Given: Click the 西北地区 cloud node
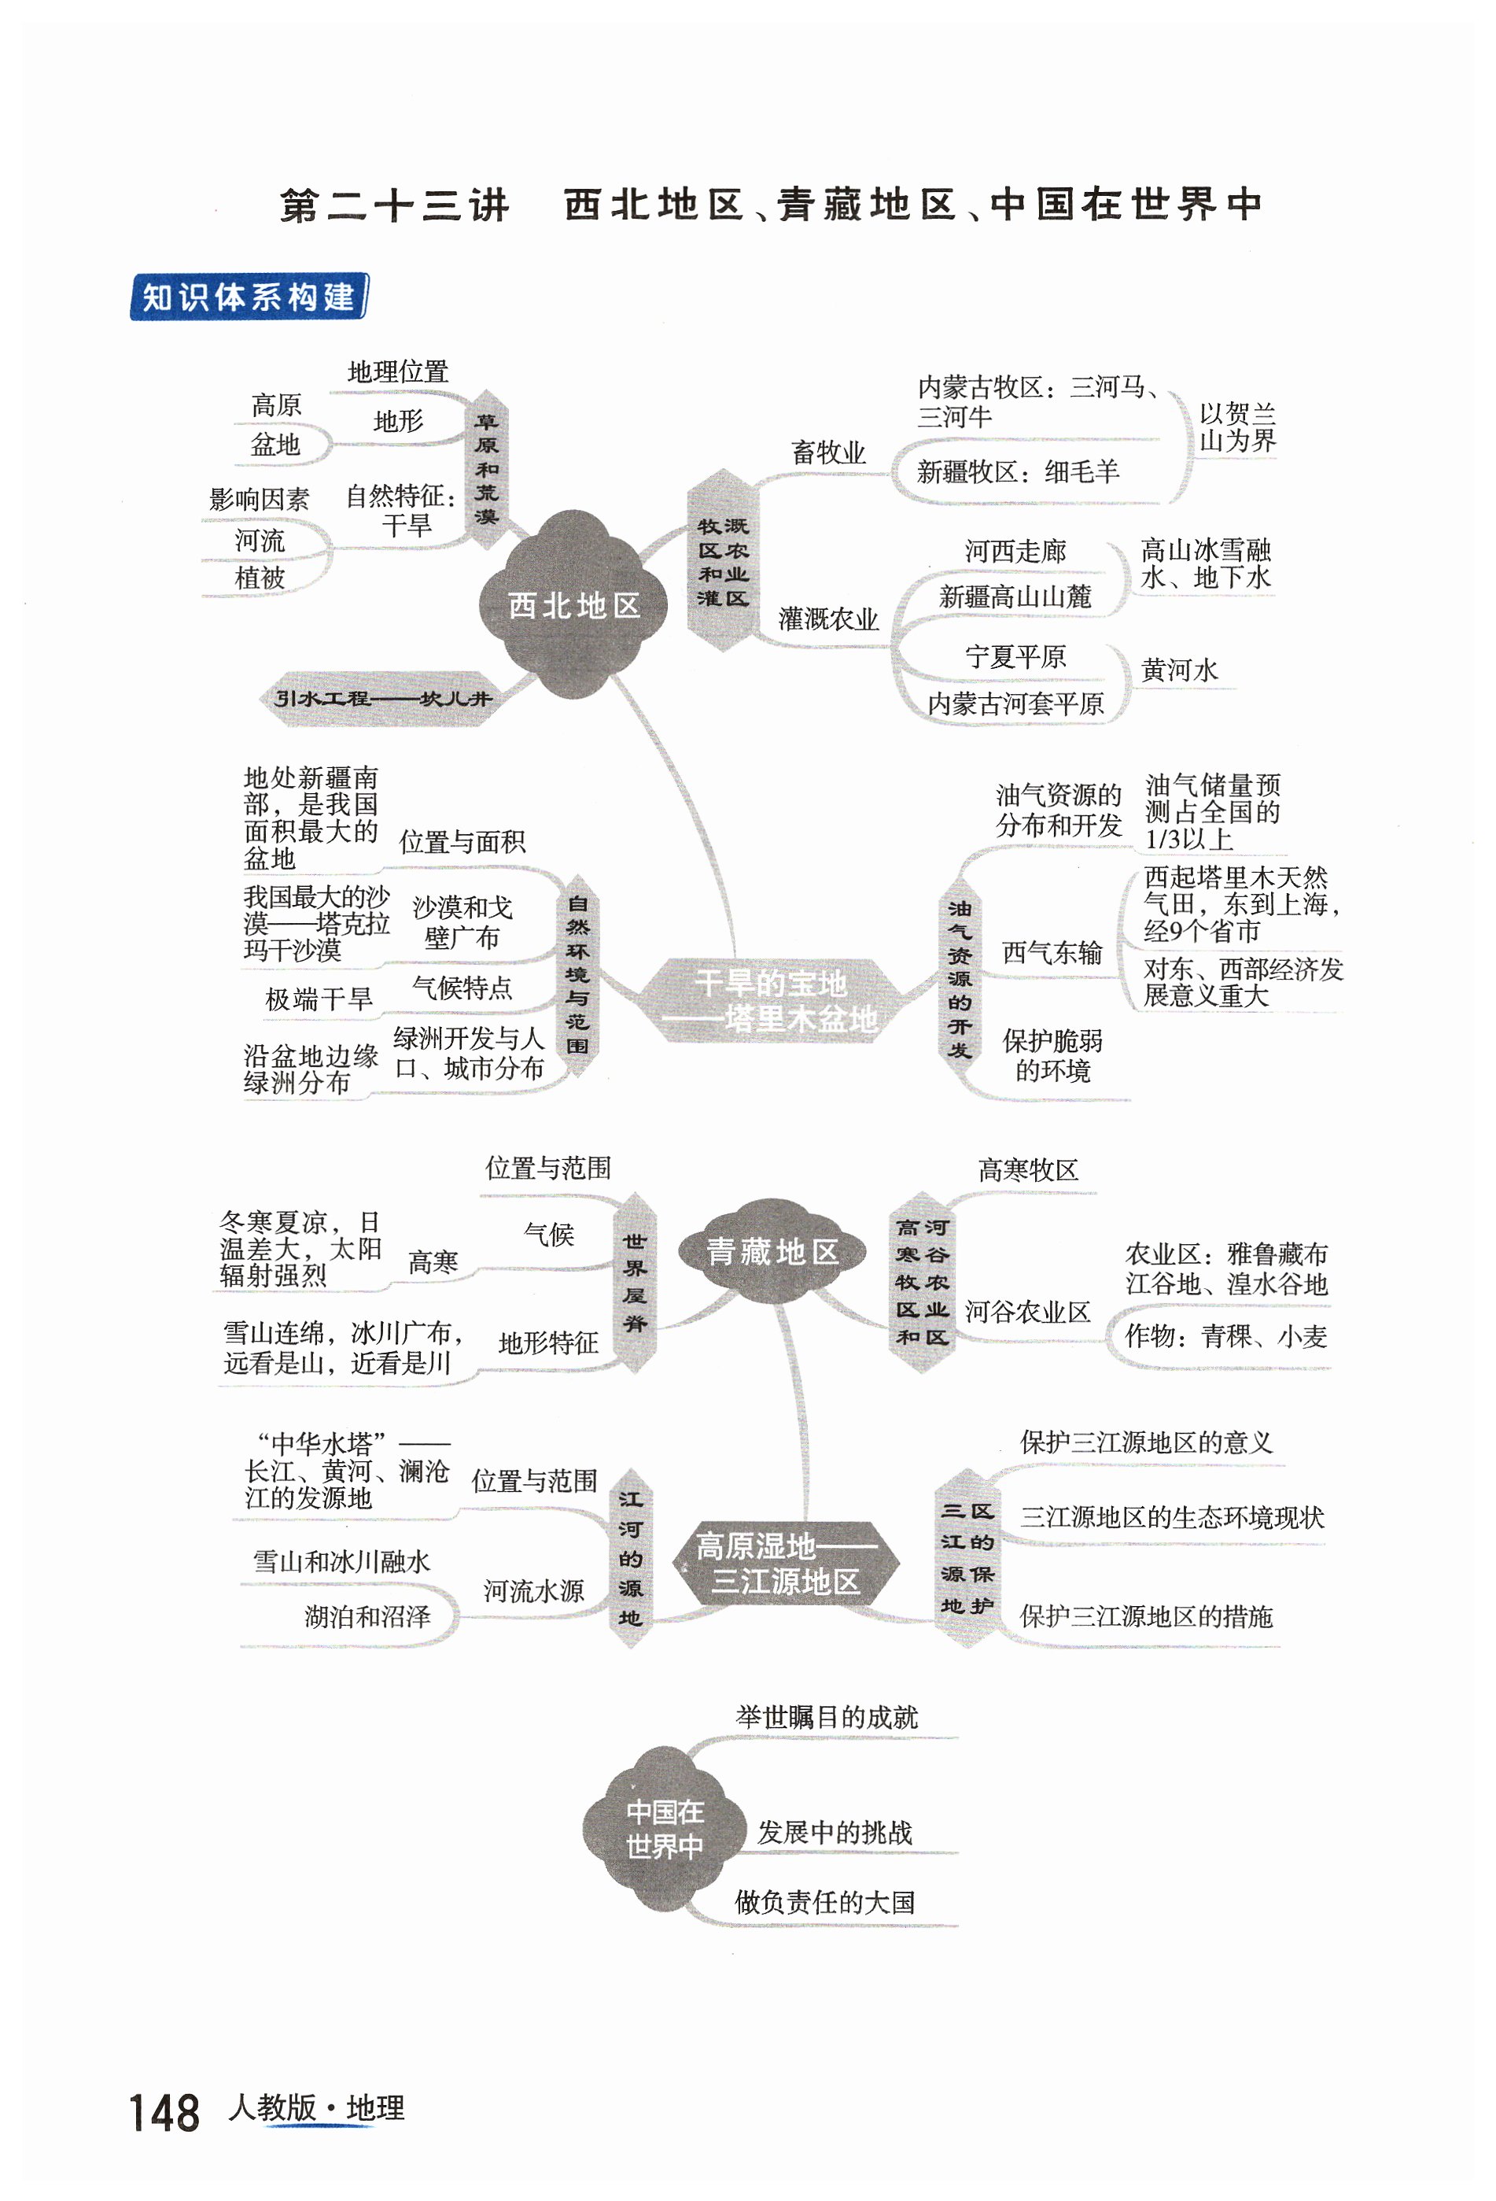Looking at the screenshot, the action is (574, 604).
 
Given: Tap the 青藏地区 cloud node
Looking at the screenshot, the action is (772, 1252).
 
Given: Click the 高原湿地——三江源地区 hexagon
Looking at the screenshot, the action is (785, 1564).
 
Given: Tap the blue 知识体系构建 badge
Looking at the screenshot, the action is (248, 297).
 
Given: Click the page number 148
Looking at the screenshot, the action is (164, 2113).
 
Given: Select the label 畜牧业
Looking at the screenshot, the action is (828, 452).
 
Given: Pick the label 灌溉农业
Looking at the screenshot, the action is (828, 619).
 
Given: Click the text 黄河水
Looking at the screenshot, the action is (1179, 670).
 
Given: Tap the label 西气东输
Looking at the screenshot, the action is (1052, 953).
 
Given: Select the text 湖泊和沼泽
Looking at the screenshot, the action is (367, 1616).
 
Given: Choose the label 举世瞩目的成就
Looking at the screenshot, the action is (827, 1717).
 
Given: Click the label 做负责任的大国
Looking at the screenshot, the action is (825, 1902).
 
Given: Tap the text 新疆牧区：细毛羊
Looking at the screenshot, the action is (1017, 471).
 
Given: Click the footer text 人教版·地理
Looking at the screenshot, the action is (316, 2108).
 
